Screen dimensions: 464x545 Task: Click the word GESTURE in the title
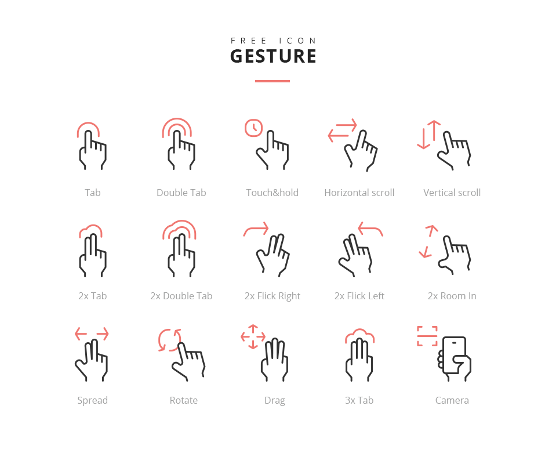[273, 56]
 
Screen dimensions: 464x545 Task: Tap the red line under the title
[272, 81]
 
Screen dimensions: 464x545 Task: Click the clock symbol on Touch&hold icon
[253, 128]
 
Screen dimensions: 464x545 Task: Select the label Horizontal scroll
[359, 193]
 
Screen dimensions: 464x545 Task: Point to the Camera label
[452, 400]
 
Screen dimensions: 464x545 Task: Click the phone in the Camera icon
[455, 355]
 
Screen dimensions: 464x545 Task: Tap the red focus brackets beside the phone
[427, 336]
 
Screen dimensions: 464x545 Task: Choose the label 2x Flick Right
[272, 296]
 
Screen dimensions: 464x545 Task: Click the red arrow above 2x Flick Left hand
[370, 229]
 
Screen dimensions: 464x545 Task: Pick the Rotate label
[183, 400]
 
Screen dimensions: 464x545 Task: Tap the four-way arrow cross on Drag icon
[253, 336]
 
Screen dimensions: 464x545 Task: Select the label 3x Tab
[359, 400]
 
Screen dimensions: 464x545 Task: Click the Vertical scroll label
[452, 193]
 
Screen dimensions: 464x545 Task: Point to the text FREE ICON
[273, 41]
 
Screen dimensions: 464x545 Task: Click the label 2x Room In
[452, 296]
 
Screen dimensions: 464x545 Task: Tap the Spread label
[92, 400]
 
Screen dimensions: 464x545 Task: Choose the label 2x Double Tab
[181, 296]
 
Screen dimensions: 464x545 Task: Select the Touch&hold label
[272, 193]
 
